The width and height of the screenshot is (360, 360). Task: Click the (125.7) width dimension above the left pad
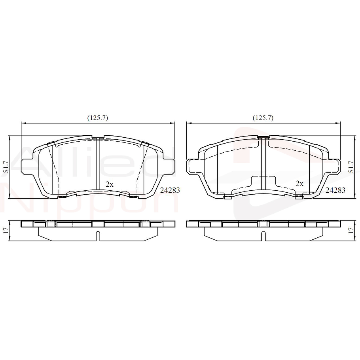tap(97, 117)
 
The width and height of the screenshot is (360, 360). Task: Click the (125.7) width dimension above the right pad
tap(263, 117)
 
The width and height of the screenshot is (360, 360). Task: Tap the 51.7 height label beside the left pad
tap(6, 167)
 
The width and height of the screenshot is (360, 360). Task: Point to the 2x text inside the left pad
tap(109, 184)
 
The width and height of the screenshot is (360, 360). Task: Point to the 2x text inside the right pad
tap(299, 184)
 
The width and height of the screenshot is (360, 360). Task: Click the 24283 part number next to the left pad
tap(170, 190)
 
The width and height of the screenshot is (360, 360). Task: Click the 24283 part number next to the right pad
tap(335, 190)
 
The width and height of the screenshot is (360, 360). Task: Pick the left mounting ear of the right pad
tap(191, 166)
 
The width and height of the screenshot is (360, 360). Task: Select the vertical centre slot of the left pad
tap(98, 164)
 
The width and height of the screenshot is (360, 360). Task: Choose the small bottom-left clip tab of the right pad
tap(227, 197)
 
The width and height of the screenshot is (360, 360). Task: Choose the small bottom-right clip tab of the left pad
tap(133, 195)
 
